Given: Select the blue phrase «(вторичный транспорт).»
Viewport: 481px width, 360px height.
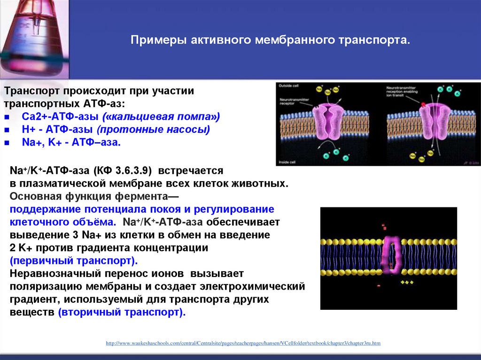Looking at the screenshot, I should click(122, 312).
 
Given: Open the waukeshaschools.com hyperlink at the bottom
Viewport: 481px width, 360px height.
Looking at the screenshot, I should click(243, 344).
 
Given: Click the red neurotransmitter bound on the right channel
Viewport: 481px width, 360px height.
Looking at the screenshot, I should click(423, 106).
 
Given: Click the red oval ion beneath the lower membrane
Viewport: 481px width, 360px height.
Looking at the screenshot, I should click(379, 285).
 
